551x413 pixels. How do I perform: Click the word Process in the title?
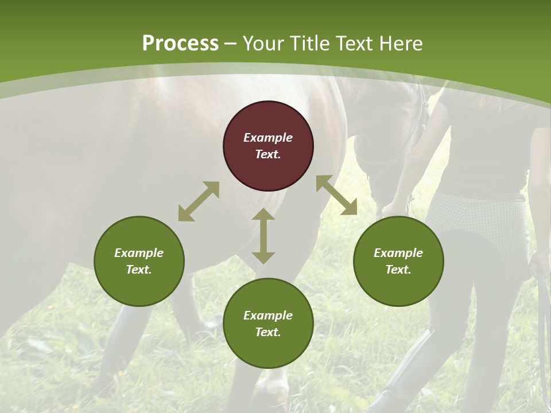click(x=180, y=43)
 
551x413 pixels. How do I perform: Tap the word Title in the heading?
click(x=311, y=43)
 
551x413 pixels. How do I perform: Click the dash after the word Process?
click(x=231, y=44)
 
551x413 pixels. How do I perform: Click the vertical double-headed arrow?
click(x=263, y=236)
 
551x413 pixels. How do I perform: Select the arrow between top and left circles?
click(x=199, y=201)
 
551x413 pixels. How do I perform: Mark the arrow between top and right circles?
click(x=336, y=195)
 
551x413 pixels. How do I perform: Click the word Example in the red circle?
click(x=268, y=138)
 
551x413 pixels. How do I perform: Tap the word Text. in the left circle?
click(x=139, y=270)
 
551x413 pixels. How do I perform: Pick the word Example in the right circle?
click(x=398, y=253)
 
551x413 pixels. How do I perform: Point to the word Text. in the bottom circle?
click(x=268, y=332)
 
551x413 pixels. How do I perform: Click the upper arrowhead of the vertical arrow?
click(x=263, y=215)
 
